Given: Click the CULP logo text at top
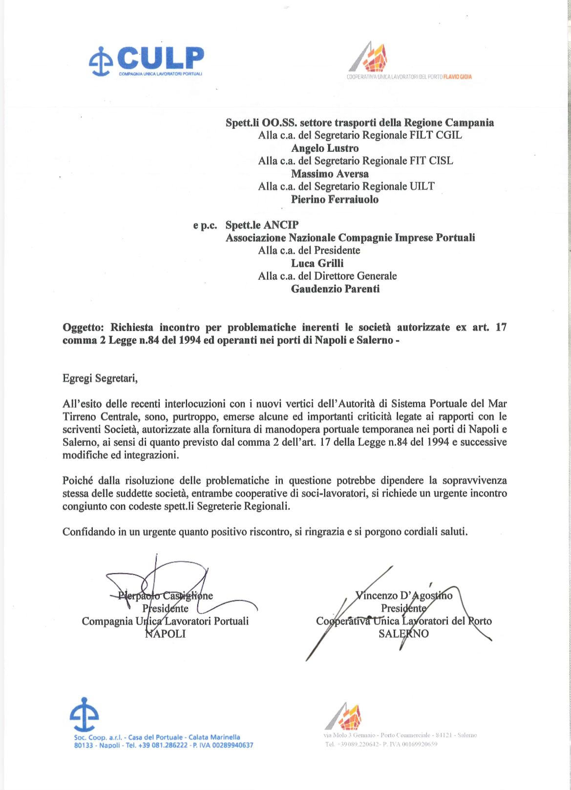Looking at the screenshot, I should coord(160,59).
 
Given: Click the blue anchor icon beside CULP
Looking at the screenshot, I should coord(101,62).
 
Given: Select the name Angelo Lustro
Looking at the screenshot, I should coord(325,148).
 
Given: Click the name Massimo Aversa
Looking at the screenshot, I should coord(330,174).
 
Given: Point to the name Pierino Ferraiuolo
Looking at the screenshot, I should coord(335,199).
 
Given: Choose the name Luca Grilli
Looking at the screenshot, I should coord(317,263).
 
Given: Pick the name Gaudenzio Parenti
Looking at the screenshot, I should coord(335,289).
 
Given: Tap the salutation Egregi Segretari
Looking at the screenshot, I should coord(100,378).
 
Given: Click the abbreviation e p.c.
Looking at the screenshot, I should coord(205,225).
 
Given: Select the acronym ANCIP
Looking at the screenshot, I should coord(281,225).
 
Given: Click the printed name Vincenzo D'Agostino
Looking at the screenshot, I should coord(404,596).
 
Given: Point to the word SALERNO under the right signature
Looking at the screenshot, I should coord(403,634).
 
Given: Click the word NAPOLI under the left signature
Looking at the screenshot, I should coord(166,634).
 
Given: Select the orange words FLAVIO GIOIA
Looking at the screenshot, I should coord(458,77).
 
